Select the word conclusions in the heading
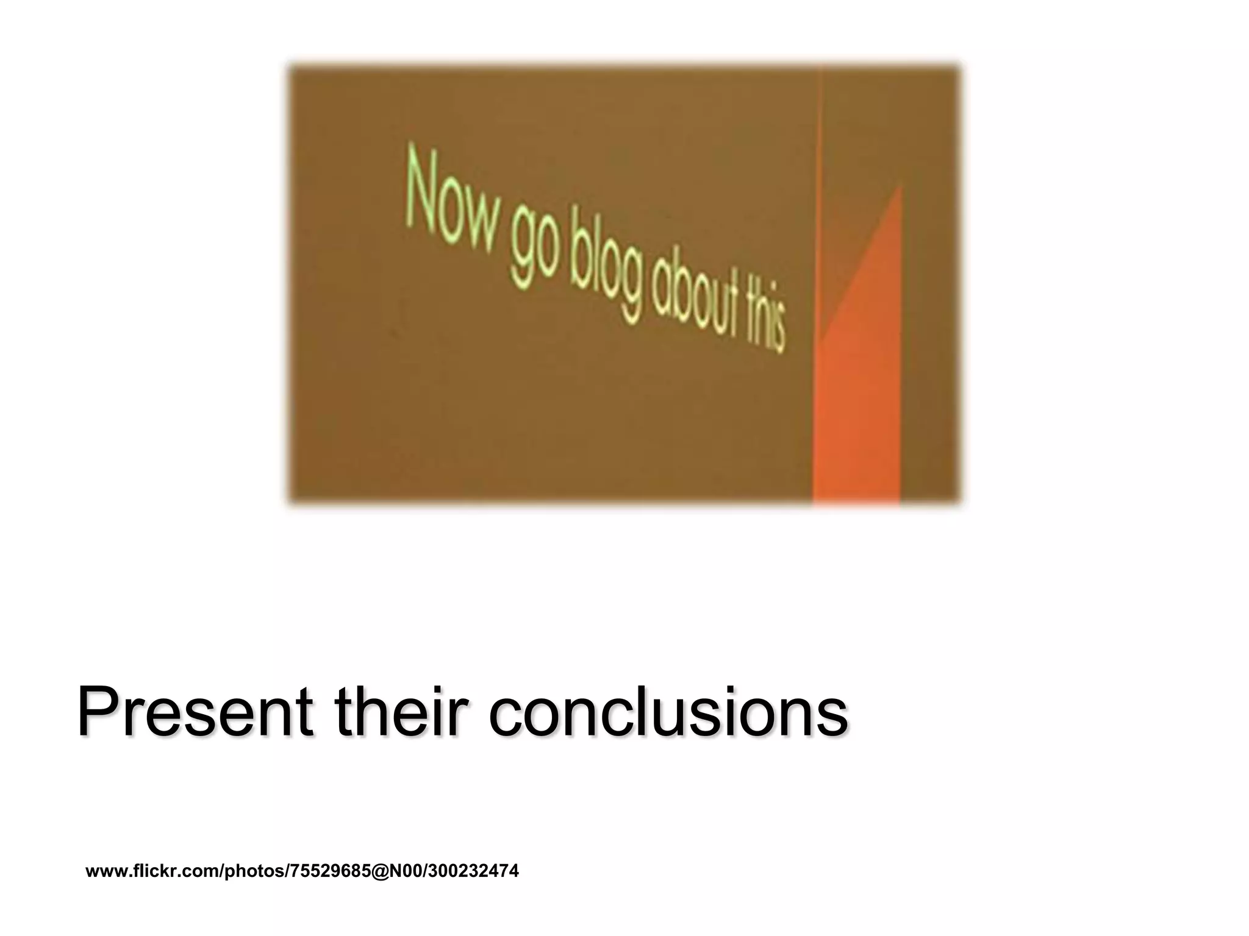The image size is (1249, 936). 668,712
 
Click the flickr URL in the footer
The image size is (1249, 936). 302,871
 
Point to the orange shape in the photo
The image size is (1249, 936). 860,390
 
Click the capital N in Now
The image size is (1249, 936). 421,186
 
